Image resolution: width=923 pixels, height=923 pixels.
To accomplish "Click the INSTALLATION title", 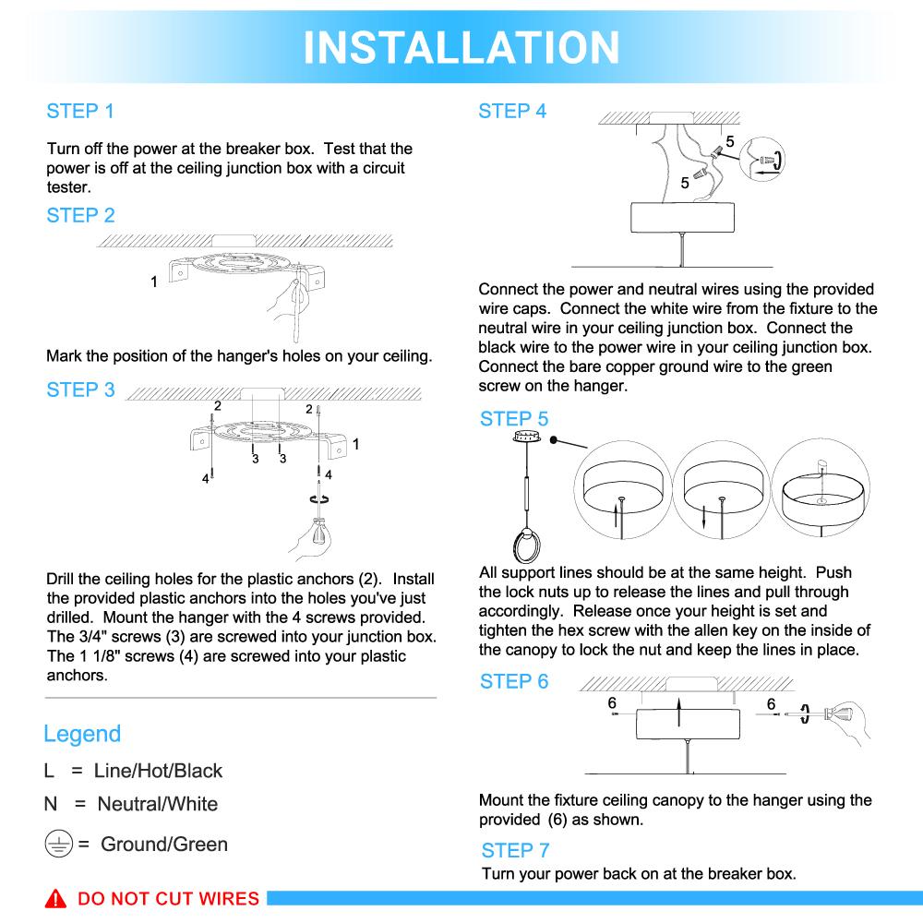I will (461, 46).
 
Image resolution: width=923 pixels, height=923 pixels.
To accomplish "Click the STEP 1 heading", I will (80, 112).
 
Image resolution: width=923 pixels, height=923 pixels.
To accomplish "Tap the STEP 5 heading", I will (513, 419).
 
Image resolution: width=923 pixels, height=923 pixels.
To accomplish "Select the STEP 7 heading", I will (515, 850).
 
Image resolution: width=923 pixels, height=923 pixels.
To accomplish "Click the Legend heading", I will (82, 734).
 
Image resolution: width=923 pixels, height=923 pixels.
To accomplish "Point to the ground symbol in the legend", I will (57, 844).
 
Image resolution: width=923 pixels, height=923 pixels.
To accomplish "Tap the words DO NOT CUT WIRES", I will (168, 899).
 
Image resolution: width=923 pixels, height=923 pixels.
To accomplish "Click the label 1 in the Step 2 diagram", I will (154, 281).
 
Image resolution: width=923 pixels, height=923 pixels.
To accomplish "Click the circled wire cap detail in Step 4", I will (764, 159).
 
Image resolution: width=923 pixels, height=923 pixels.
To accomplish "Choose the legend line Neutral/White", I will (131, 804).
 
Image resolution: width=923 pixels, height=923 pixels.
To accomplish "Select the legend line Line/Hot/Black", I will (133, 771).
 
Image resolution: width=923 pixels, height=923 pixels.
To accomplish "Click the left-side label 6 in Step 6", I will (612, 703).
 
